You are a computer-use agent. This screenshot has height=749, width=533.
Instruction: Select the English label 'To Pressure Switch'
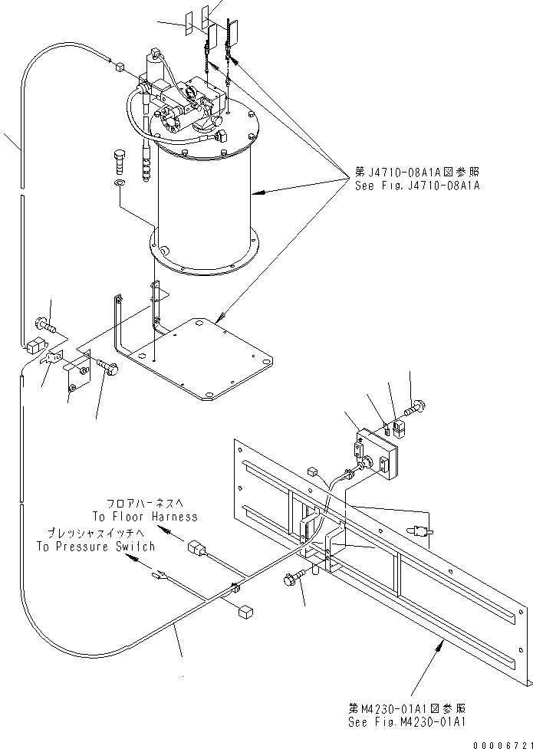click(96, 547)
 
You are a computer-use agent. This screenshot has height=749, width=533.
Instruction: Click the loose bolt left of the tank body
click(119, 163)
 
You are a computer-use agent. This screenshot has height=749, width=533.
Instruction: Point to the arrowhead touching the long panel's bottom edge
click(441, 647)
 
